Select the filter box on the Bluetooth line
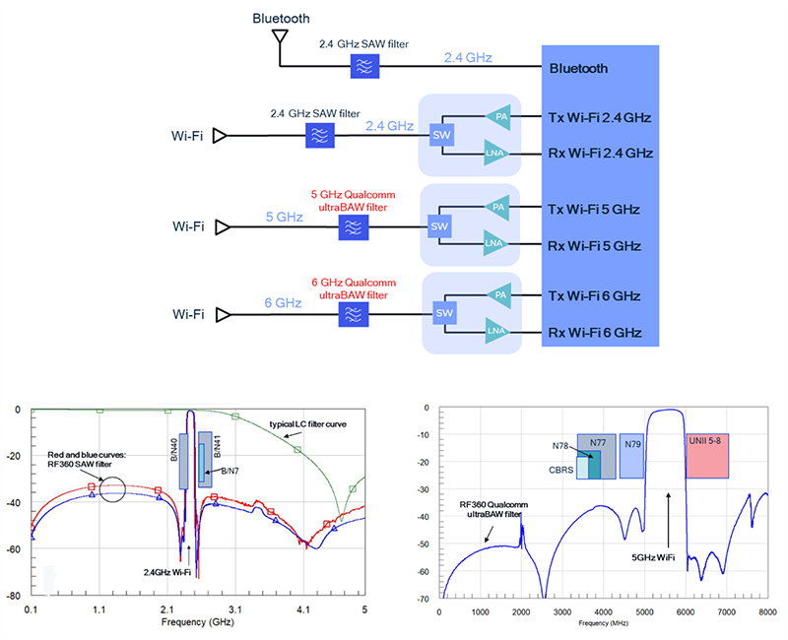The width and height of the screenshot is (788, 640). [x=365, y=67]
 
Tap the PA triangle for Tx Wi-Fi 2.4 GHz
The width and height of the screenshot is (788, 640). [x=499, y=117]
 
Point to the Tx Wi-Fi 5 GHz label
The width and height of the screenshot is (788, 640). [x=599, y=208]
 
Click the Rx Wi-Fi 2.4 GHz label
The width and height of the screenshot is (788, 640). [x=600, y=153]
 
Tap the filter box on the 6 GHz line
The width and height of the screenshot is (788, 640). [x=352, y=314]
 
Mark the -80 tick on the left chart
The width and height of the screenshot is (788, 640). [x=16, y=597]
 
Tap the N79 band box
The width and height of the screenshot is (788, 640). [x=631, y=456]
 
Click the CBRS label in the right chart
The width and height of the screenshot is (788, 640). [x=561, y=470]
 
